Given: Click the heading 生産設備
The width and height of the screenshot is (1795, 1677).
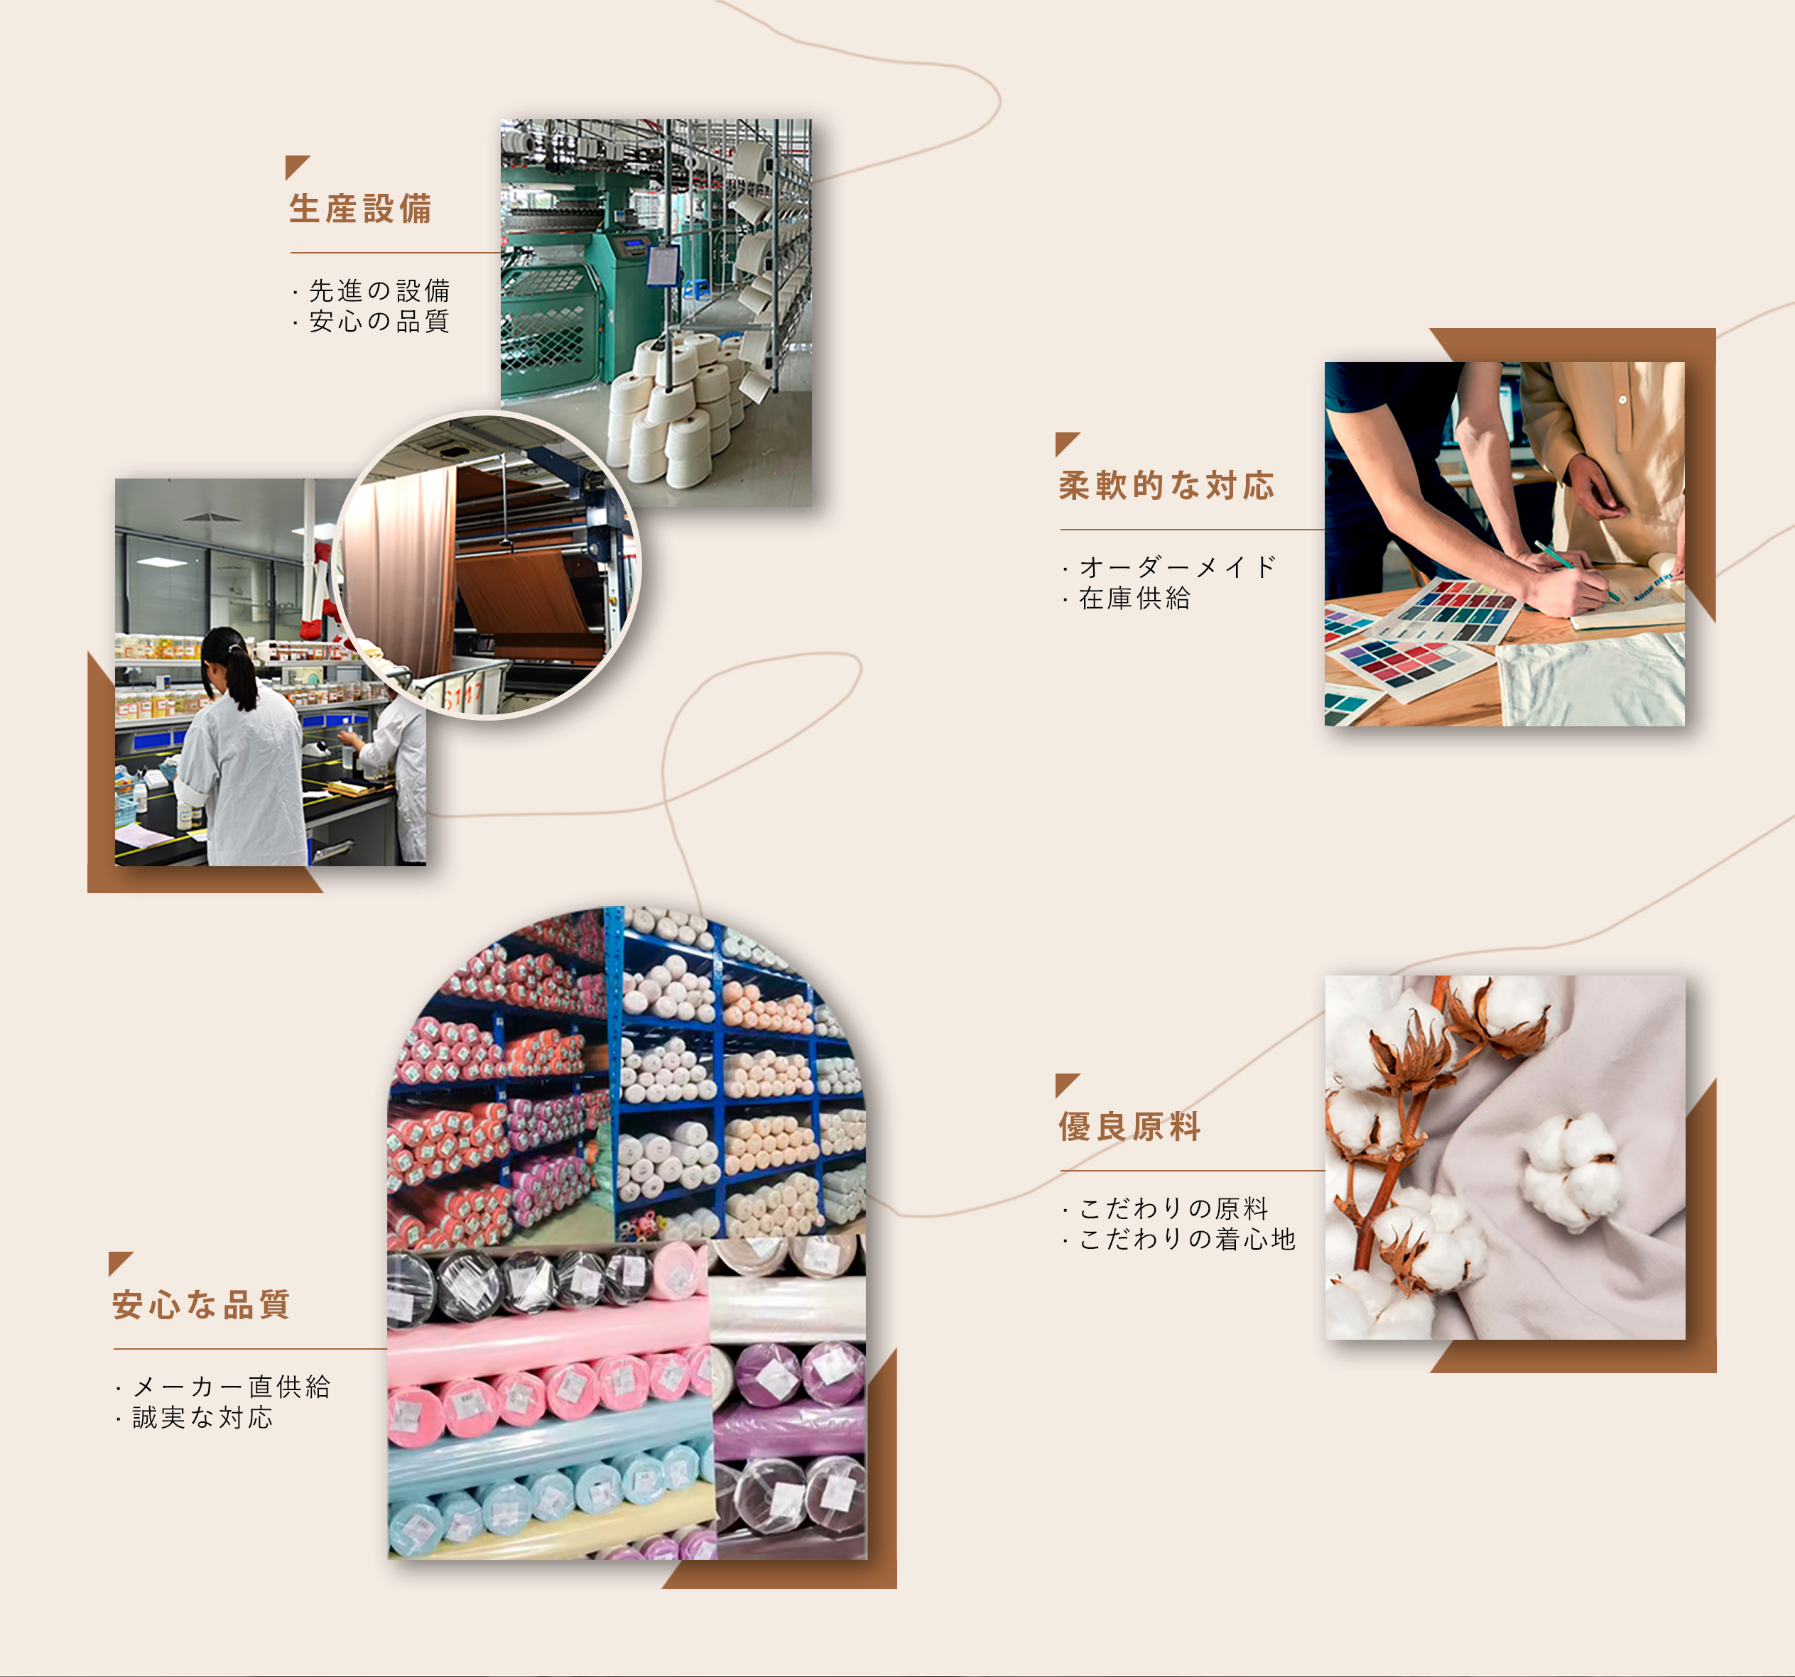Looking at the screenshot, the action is [x=360, y=209].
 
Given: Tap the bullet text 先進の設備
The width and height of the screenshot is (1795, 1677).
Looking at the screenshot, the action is [x=379, y=290].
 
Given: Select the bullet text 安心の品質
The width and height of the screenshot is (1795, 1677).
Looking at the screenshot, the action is [x=379, y=322].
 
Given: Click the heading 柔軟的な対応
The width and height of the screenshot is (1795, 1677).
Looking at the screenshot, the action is [x=1166, y=486].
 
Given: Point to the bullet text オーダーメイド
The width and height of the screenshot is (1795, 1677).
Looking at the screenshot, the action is [x=1178, y=567].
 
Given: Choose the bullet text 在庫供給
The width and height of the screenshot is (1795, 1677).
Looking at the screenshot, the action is [x=1135, y=598].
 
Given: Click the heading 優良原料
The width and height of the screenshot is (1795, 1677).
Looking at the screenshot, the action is [x=1129, y=1127].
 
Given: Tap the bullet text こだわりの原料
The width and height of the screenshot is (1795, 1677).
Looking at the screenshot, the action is [x=1173, y=1208].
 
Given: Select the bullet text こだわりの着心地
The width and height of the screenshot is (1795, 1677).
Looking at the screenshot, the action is [x=1188, y=1239].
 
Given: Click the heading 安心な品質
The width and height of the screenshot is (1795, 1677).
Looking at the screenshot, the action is [x=201, y=1305].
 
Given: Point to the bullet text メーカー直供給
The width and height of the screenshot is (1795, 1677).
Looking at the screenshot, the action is [x=231, y=1387].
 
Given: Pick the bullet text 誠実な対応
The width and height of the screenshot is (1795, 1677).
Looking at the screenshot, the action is [x=202, y=1418].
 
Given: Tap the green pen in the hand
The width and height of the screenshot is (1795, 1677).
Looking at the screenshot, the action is [x=1576, y=572].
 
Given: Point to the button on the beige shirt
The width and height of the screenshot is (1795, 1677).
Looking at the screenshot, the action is [x=1622, y=400].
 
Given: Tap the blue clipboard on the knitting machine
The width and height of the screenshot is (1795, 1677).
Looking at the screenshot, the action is [x=663, y=264].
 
